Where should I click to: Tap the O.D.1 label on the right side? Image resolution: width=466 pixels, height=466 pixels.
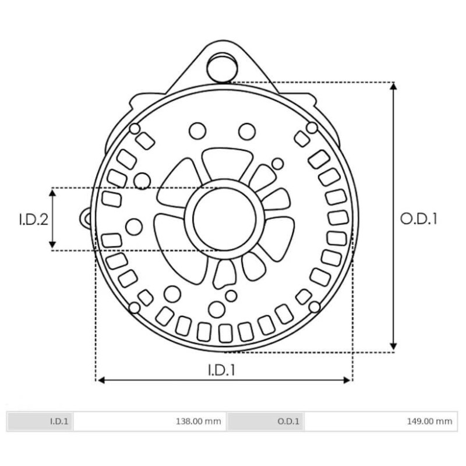(418, 219)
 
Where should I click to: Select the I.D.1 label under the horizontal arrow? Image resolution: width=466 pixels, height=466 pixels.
(222, 369)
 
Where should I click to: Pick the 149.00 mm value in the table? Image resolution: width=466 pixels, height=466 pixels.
(432, 421)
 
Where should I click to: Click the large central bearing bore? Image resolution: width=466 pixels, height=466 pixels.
(224, 219)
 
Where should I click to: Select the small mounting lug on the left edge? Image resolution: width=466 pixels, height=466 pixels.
(86, 217)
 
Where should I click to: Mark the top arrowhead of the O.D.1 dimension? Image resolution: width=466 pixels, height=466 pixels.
(394, 86)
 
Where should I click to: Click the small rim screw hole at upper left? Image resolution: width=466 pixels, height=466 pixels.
(135, 128)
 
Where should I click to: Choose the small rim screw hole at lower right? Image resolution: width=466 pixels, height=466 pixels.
(315, 306)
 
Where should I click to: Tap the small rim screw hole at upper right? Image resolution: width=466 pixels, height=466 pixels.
(312, 128)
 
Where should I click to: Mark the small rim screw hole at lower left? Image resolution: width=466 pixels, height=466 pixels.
(134, 307)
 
